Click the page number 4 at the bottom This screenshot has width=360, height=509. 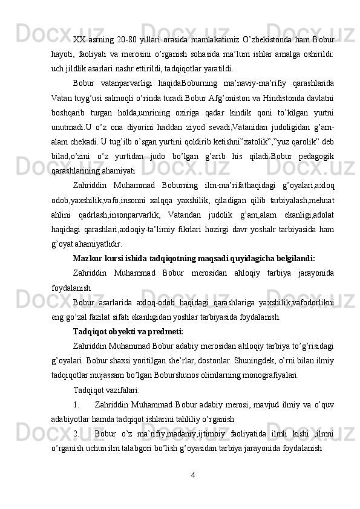pyautogui.click(x=192, y=472)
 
